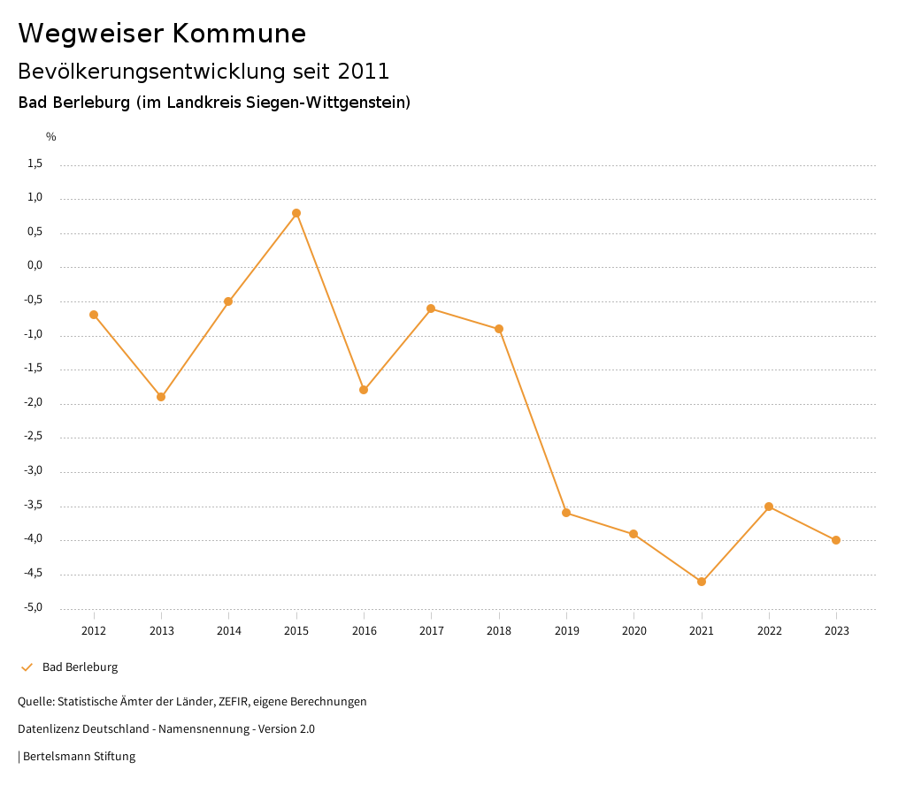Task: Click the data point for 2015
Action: point(296,213)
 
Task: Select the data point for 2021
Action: point(702,582)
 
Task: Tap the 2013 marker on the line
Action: point(161,397)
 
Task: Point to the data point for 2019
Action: point(566,513)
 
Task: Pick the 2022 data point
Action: point(769,507)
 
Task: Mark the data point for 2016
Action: point(364,390)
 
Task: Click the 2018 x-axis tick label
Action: point(499,631)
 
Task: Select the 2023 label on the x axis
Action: point(837,631)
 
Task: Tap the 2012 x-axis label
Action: point(94,631)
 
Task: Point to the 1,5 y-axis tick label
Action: point(35,164)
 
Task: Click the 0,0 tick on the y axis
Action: point(35,266)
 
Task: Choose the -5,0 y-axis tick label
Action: point(34,608)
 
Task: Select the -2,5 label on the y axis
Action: point(34,437)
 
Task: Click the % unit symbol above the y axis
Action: point(51,137)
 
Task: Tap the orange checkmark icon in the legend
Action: point(27,667)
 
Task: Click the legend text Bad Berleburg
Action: point(80,667)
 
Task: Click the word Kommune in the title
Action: point(239,34)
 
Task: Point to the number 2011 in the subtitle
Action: point(364,71)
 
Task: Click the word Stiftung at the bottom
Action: point(114,757)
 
